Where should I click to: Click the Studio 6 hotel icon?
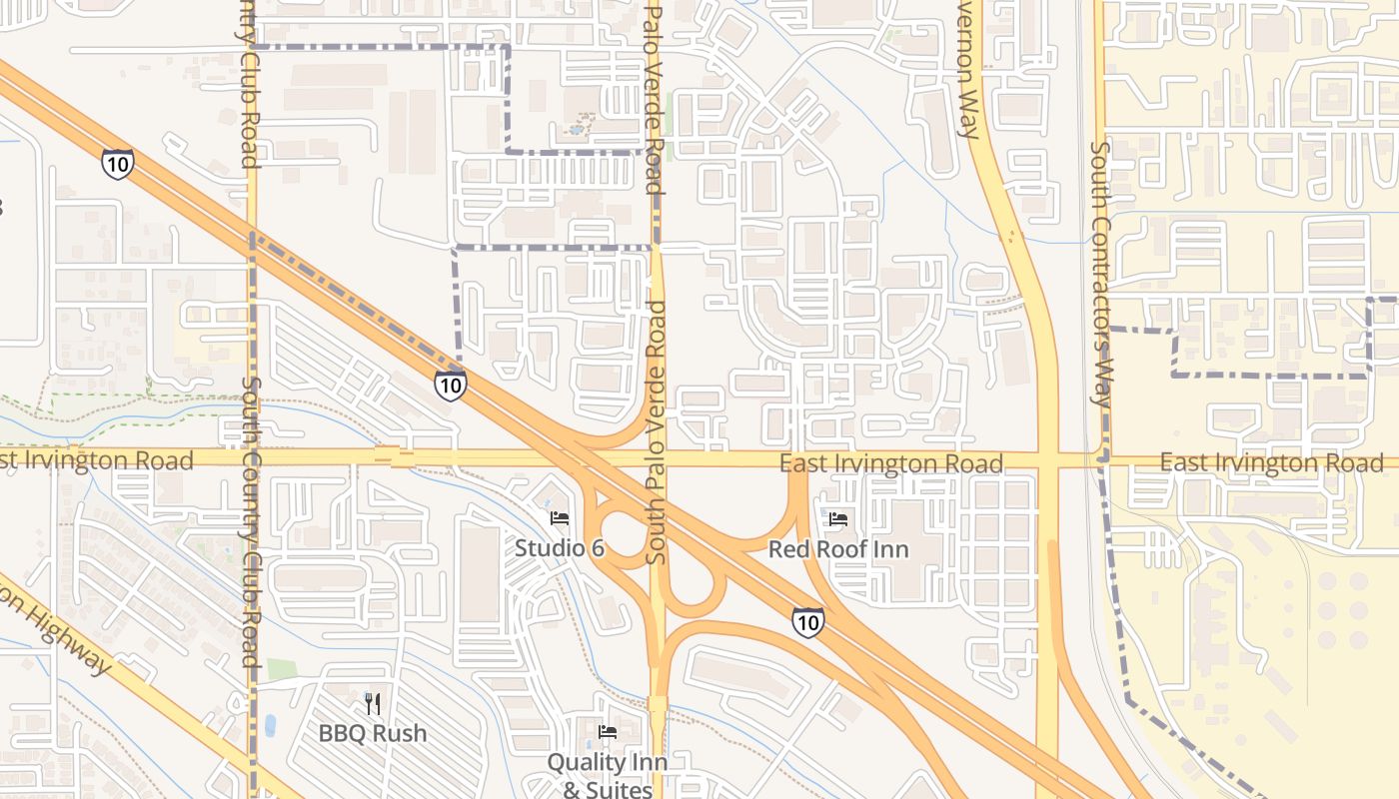click(x=560, y=518)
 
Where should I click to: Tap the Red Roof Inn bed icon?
click(x=838, y=519)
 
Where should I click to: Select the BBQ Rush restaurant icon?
click(x=373, y=704)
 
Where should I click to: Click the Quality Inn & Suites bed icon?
click(x=607, y=732)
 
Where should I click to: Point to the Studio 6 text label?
click(x=560, y=548)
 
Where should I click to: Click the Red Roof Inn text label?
click(x=838, y=549)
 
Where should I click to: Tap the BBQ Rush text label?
click(x=373, y=733)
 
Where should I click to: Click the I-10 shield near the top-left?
click(x=117, y=164)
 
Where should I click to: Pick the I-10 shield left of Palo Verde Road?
click(x=450, y=385)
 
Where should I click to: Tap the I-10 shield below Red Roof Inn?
click(x=808, y=623)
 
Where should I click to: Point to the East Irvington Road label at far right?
click(x=1271, y=462)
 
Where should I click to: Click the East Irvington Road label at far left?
click(x=96, y=460)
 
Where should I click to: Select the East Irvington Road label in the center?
click(x=891, y=463)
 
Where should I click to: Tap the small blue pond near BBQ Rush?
click(x=270, y=725)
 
